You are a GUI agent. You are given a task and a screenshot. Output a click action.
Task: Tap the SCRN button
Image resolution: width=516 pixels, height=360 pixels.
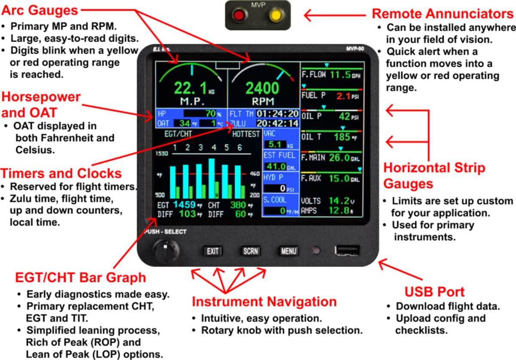pos(250,251)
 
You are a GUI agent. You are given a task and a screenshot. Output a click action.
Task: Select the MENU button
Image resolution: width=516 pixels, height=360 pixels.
pos(289,251)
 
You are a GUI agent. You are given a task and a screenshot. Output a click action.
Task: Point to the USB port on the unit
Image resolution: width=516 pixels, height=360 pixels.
pos(347,250)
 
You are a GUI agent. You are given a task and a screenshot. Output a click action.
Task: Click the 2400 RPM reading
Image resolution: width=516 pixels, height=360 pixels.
pos(262,88)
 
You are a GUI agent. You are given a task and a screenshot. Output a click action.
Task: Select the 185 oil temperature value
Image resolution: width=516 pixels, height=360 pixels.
pos(342,138)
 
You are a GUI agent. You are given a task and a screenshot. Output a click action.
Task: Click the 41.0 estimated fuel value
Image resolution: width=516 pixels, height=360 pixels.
pos(276,166)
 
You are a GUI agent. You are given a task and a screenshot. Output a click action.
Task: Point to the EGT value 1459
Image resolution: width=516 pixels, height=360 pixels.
pos(184,205)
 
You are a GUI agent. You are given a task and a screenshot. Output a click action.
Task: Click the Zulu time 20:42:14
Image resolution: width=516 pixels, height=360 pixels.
pos(277,124)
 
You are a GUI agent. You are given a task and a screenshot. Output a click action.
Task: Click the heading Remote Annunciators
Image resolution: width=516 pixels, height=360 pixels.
pos(442,13)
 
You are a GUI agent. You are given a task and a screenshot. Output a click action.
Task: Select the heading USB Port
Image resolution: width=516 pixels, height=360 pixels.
pos(434,292)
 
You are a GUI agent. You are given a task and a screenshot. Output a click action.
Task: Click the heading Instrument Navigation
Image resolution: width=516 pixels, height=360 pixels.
pos(264,302)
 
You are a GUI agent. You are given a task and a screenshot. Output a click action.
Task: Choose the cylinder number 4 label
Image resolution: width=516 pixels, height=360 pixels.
pos(213,148)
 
